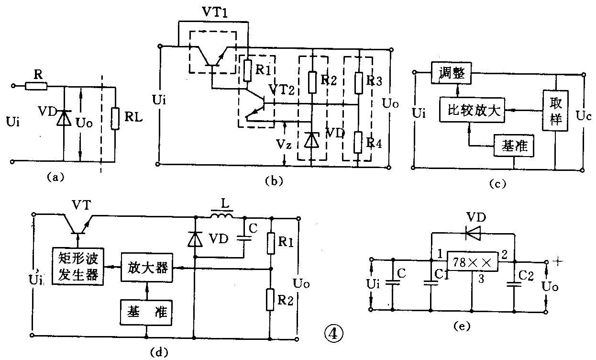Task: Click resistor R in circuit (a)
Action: pyautogui.click(x=37, y=86)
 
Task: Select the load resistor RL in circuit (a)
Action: pyautogui.click(x=115, y=119)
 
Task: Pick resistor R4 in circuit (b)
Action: pyautogui.click(x=359, y=142)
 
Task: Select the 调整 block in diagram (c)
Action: pyautogui.click(x=452, y=73)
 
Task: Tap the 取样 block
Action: pyautogui.click(x=555, y=110)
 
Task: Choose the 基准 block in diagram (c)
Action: pyautogui.click(x=513, y=146)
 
